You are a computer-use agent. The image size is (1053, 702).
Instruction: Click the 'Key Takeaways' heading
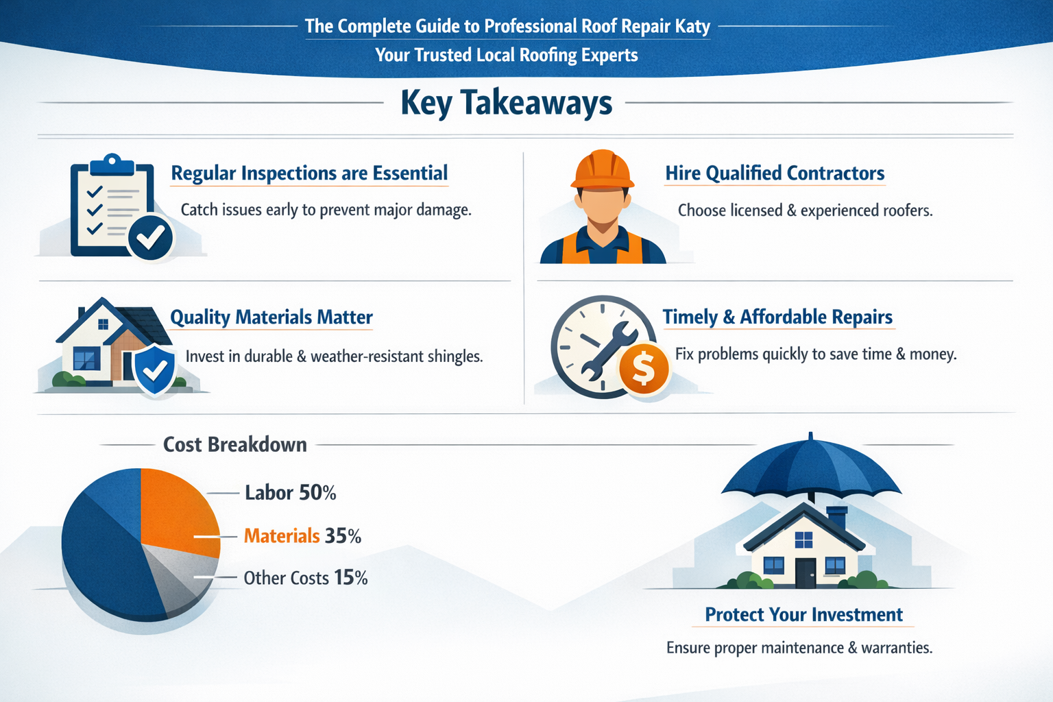point(506,103)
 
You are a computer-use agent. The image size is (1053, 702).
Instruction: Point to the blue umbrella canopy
point(811,466)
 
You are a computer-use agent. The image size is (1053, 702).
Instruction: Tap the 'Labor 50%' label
point(290,493)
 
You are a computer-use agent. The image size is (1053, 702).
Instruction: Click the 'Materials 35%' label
point(302,535)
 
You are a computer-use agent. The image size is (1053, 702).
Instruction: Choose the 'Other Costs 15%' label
point(306,578)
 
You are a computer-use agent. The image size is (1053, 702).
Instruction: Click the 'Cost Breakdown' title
point(234,445)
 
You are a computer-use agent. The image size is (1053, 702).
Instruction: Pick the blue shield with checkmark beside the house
point(155,370)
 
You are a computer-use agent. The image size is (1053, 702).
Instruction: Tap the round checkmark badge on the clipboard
point(150,237)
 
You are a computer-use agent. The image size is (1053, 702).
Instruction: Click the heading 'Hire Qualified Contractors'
point(775,173)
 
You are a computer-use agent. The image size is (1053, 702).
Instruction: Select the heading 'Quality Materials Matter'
point(271,317)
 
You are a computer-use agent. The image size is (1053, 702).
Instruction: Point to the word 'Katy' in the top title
point(692,26)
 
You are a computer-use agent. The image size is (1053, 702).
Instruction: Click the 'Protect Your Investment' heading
point(803,615)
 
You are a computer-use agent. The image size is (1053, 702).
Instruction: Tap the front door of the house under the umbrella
point(806,572)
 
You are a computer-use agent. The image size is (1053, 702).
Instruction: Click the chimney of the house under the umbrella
point(837,518)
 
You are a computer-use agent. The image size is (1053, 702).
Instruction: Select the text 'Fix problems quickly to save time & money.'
point(816,354)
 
